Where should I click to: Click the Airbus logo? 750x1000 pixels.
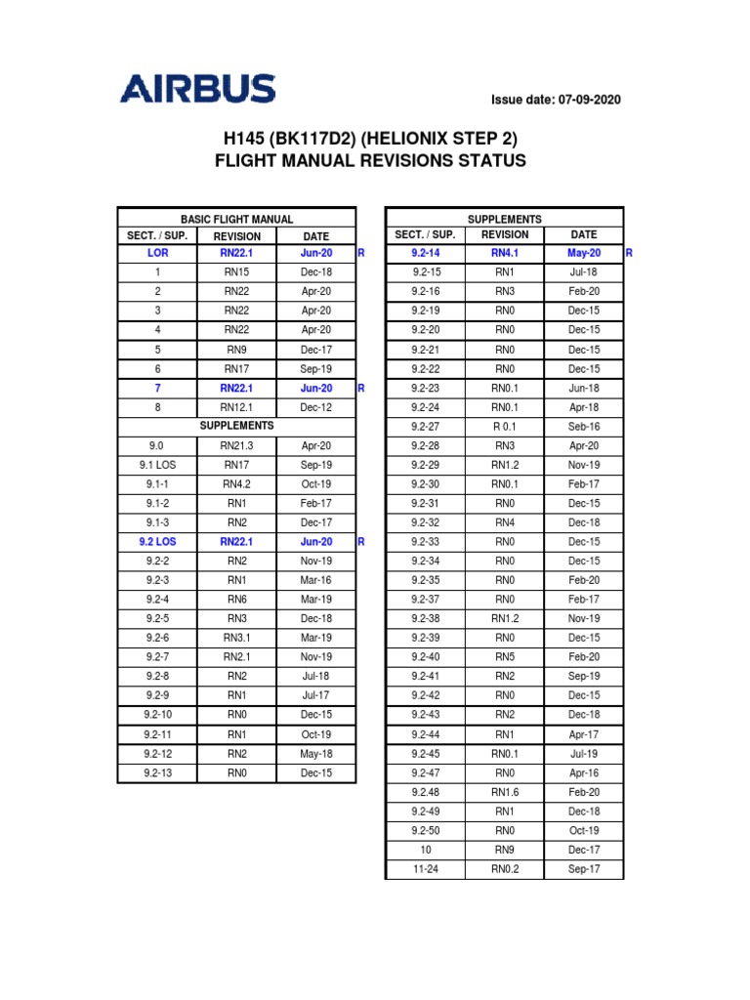(x=197, y=91)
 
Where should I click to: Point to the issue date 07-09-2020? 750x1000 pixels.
(x=555, y=100)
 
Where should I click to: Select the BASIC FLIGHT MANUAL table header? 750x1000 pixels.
(x=236, y=220)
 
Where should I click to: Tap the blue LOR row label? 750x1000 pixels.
(x=157, y=253)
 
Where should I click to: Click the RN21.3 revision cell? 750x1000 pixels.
(x=236, y=445)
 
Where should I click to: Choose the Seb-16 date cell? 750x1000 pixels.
(x=584, y=427)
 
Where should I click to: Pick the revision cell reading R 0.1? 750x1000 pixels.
(x=504, y=427)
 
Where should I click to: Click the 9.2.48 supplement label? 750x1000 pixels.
(x=426, y=792)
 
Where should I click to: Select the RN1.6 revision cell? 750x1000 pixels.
(x=504, y=792)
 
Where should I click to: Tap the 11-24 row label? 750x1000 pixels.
(x=426, y=869)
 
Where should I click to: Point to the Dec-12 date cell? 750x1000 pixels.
(x=316, y=407)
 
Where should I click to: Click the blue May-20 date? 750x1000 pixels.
(x=584, y=253)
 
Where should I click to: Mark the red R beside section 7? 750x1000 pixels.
(x=360, y=388)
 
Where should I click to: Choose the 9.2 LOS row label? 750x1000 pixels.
(x=157, y=541)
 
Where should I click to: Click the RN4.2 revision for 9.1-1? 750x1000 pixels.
(x=236, y=483)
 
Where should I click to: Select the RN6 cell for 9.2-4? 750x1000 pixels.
(x=236, y=599)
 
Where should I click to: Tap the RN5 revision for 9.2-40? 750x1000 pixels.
(x=504, y=657)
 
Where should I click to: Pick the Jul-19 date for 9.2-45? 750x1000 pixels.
(x=584, y=753)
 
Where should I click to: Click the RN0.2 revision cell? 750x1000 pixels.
(x=504, y=869)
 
